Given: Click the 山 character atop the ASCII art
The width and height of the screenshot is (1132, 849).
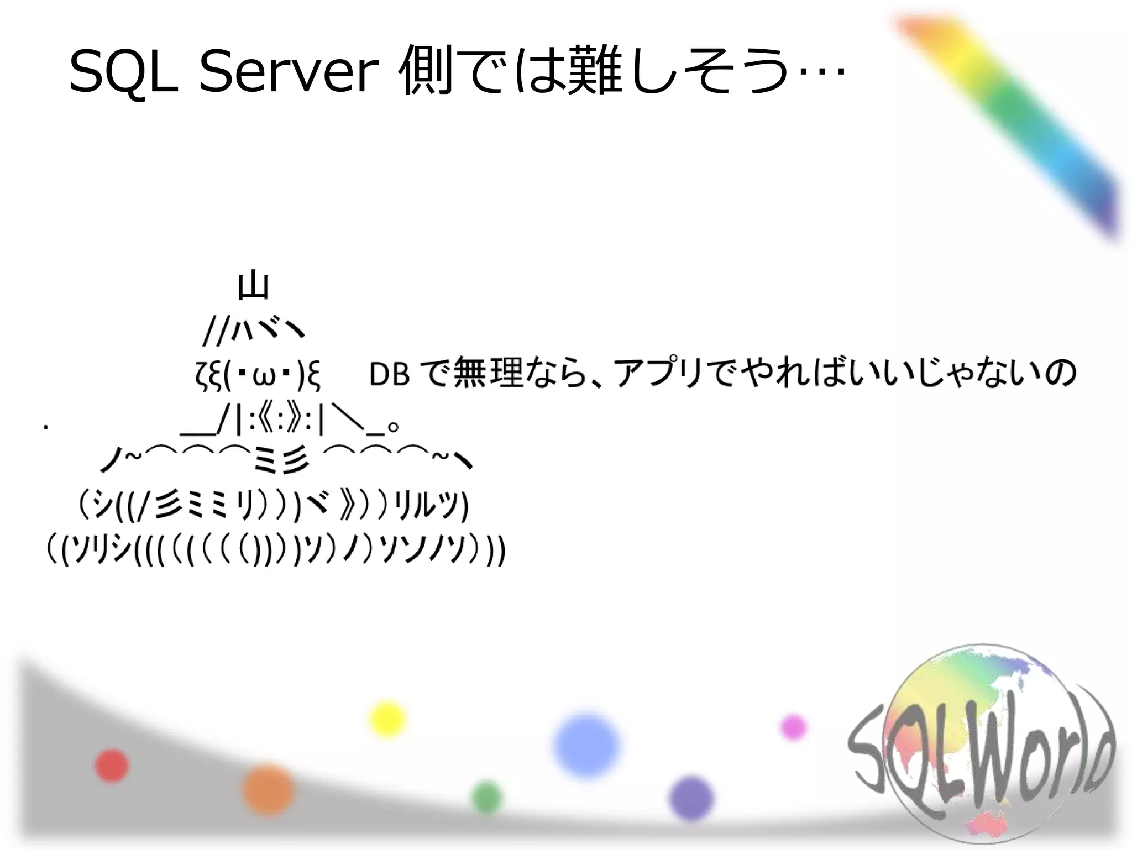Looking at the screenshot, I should click(253, 286).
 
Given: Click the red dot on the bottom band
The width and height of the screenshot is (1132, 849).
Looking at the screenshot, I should click(112, 766).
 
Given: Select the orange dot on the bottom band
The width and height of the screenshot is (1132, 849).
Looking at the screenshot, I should click(268, 790).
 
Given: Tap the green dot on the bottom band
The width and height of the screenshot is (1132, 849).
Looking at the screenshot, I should click(487, 798).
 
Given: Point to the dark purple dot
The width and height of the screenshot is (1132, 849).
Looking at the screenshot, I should click(691, 798).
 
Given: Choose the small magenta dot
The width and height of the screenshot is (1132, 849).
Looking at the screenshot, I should click(793, 727).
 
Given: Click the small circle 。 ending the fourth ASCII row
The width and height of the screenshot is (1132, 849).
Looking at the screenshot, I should click(393, 427).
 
